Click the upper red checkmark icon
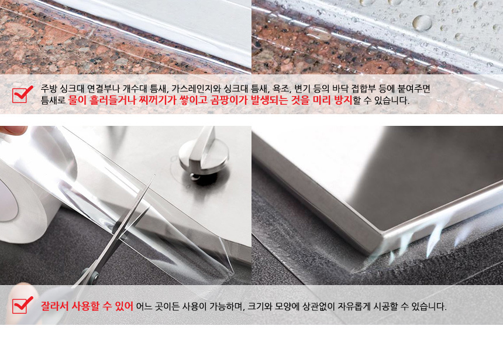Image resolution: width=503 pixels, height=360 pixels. (22, 94)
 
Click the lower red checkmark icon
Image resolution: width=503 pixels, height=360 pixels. (22, 305)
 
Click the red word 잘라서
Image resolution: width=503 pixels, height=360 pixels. (54, 306)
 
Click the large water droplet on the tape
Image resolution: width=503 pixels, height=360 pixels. (422, 22)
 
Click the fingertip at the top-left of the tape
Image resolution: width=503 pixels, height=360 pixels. (13, 130)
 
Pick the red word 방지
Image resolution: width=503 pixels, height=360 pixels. (343, 100)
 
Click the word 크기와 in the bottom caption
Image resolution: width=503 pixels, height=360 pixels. (260, 306)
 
